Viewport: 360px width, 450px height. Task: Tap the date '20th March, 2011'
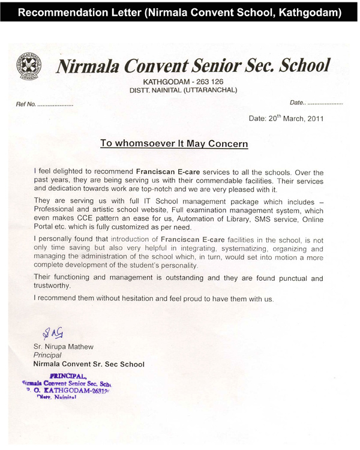[286, 118]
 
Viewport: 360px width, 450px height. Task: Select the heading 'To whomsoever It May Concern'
[174, 144]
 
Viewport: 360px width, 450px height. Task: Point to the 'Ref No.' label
[26, 104]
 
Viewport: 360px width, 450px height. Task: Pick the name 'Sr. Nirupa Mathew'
[63, 347]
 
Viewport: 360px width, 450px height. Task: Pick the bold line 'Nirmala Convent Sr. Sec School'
[89, 364]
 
